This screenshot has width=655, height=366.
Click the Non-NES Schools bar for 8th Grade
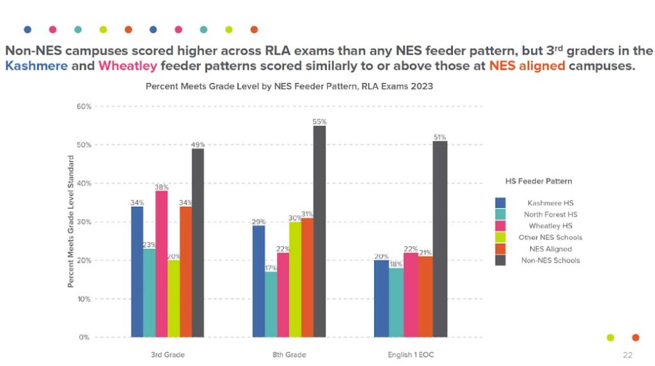pos(320,231)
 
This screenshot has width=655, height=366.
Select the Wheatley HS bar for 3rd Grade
pos(161,264)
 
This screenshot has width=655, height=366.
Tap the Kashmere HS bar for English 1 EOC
pos(381,298)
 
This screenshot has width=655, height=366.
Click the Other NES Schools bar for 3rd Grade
pos(173,298)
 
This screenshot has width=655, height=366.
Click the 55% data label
pos(320,122)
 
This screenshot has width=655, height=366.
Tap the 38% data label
pos(161,187)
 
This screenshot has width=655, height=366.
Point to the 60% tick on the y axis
pos(84,106)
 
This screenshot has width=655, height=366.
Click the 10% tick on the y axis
pos(84,299)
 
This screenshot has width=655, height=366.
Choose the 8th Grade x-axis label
pos(289,354)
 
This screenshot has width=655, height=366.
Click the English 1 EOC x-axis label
pos(411,354)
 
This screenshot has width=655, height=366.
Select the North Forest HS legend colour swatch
pos(500,214)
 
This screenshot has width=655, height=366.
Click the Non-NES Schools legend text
pos(550,260)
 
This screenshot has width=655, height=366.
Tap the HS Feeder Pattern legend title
pos(537,181)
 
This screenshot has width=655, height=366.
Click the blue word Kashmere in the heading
pos(33,66)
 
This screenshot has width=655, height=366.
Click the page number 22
pos(627,354)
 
